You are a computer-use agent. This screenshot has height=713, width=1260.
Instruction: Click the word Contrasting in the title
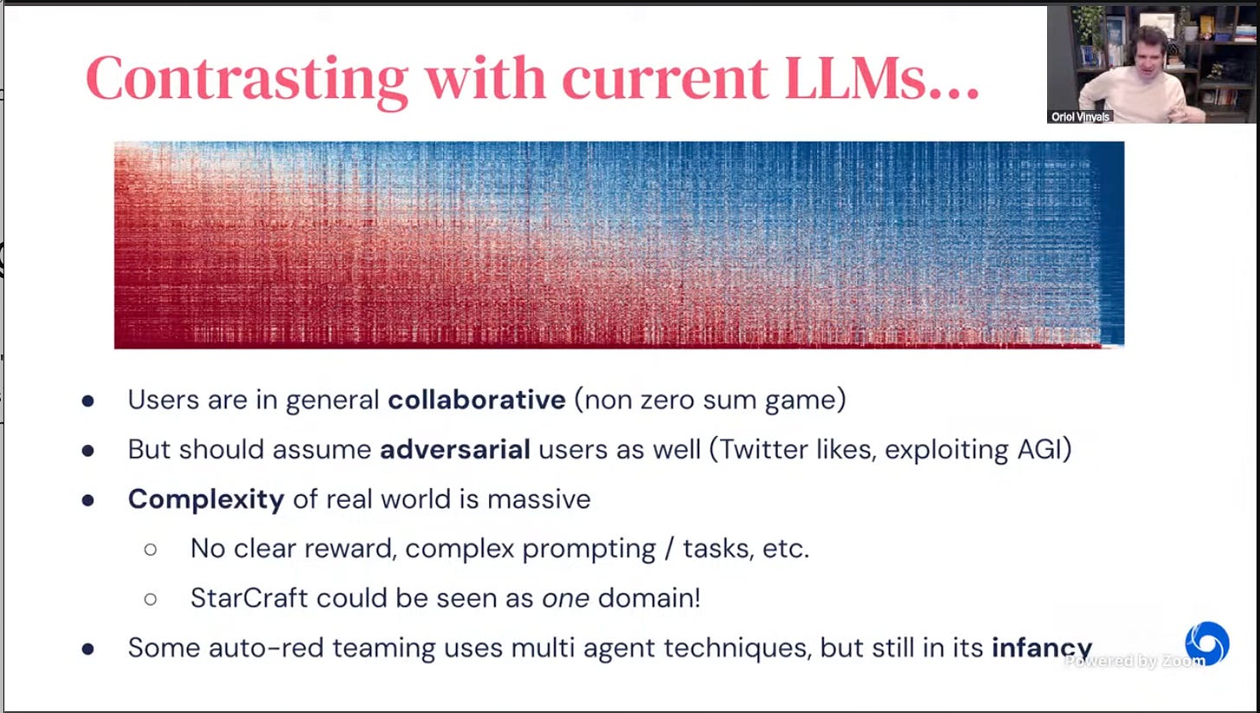247,80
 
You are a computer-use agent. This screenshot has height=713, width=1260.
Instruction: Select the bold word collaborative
477,400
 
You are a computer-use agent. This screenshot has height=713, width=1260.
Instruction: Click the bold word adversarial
455,449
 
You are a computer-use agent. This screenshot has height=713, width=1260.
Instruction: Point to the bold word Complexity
206,499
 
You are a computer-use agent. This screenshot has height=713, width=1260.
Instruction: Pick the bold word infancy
1042,648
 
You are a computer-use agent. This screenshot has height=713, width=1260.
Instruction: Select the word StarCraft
248,598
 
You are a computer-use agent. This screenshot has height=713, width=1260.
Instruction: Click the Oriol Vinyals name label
1080,117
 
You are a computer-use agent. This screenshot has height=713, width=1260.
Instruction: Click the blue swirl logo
1207,643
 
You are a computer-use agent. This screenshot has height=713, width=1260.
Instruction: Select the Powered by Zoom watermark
1135,661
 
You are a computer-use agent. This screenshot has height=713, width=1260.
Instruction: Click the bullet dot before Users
87,401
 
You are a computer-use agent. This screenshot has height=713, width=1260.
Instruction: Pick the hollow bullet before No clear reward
151,549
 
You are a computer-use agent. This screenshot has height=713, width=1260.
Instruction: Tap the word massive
539,499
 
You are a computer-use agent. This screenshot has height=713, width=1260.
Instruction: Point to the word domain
649,598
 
